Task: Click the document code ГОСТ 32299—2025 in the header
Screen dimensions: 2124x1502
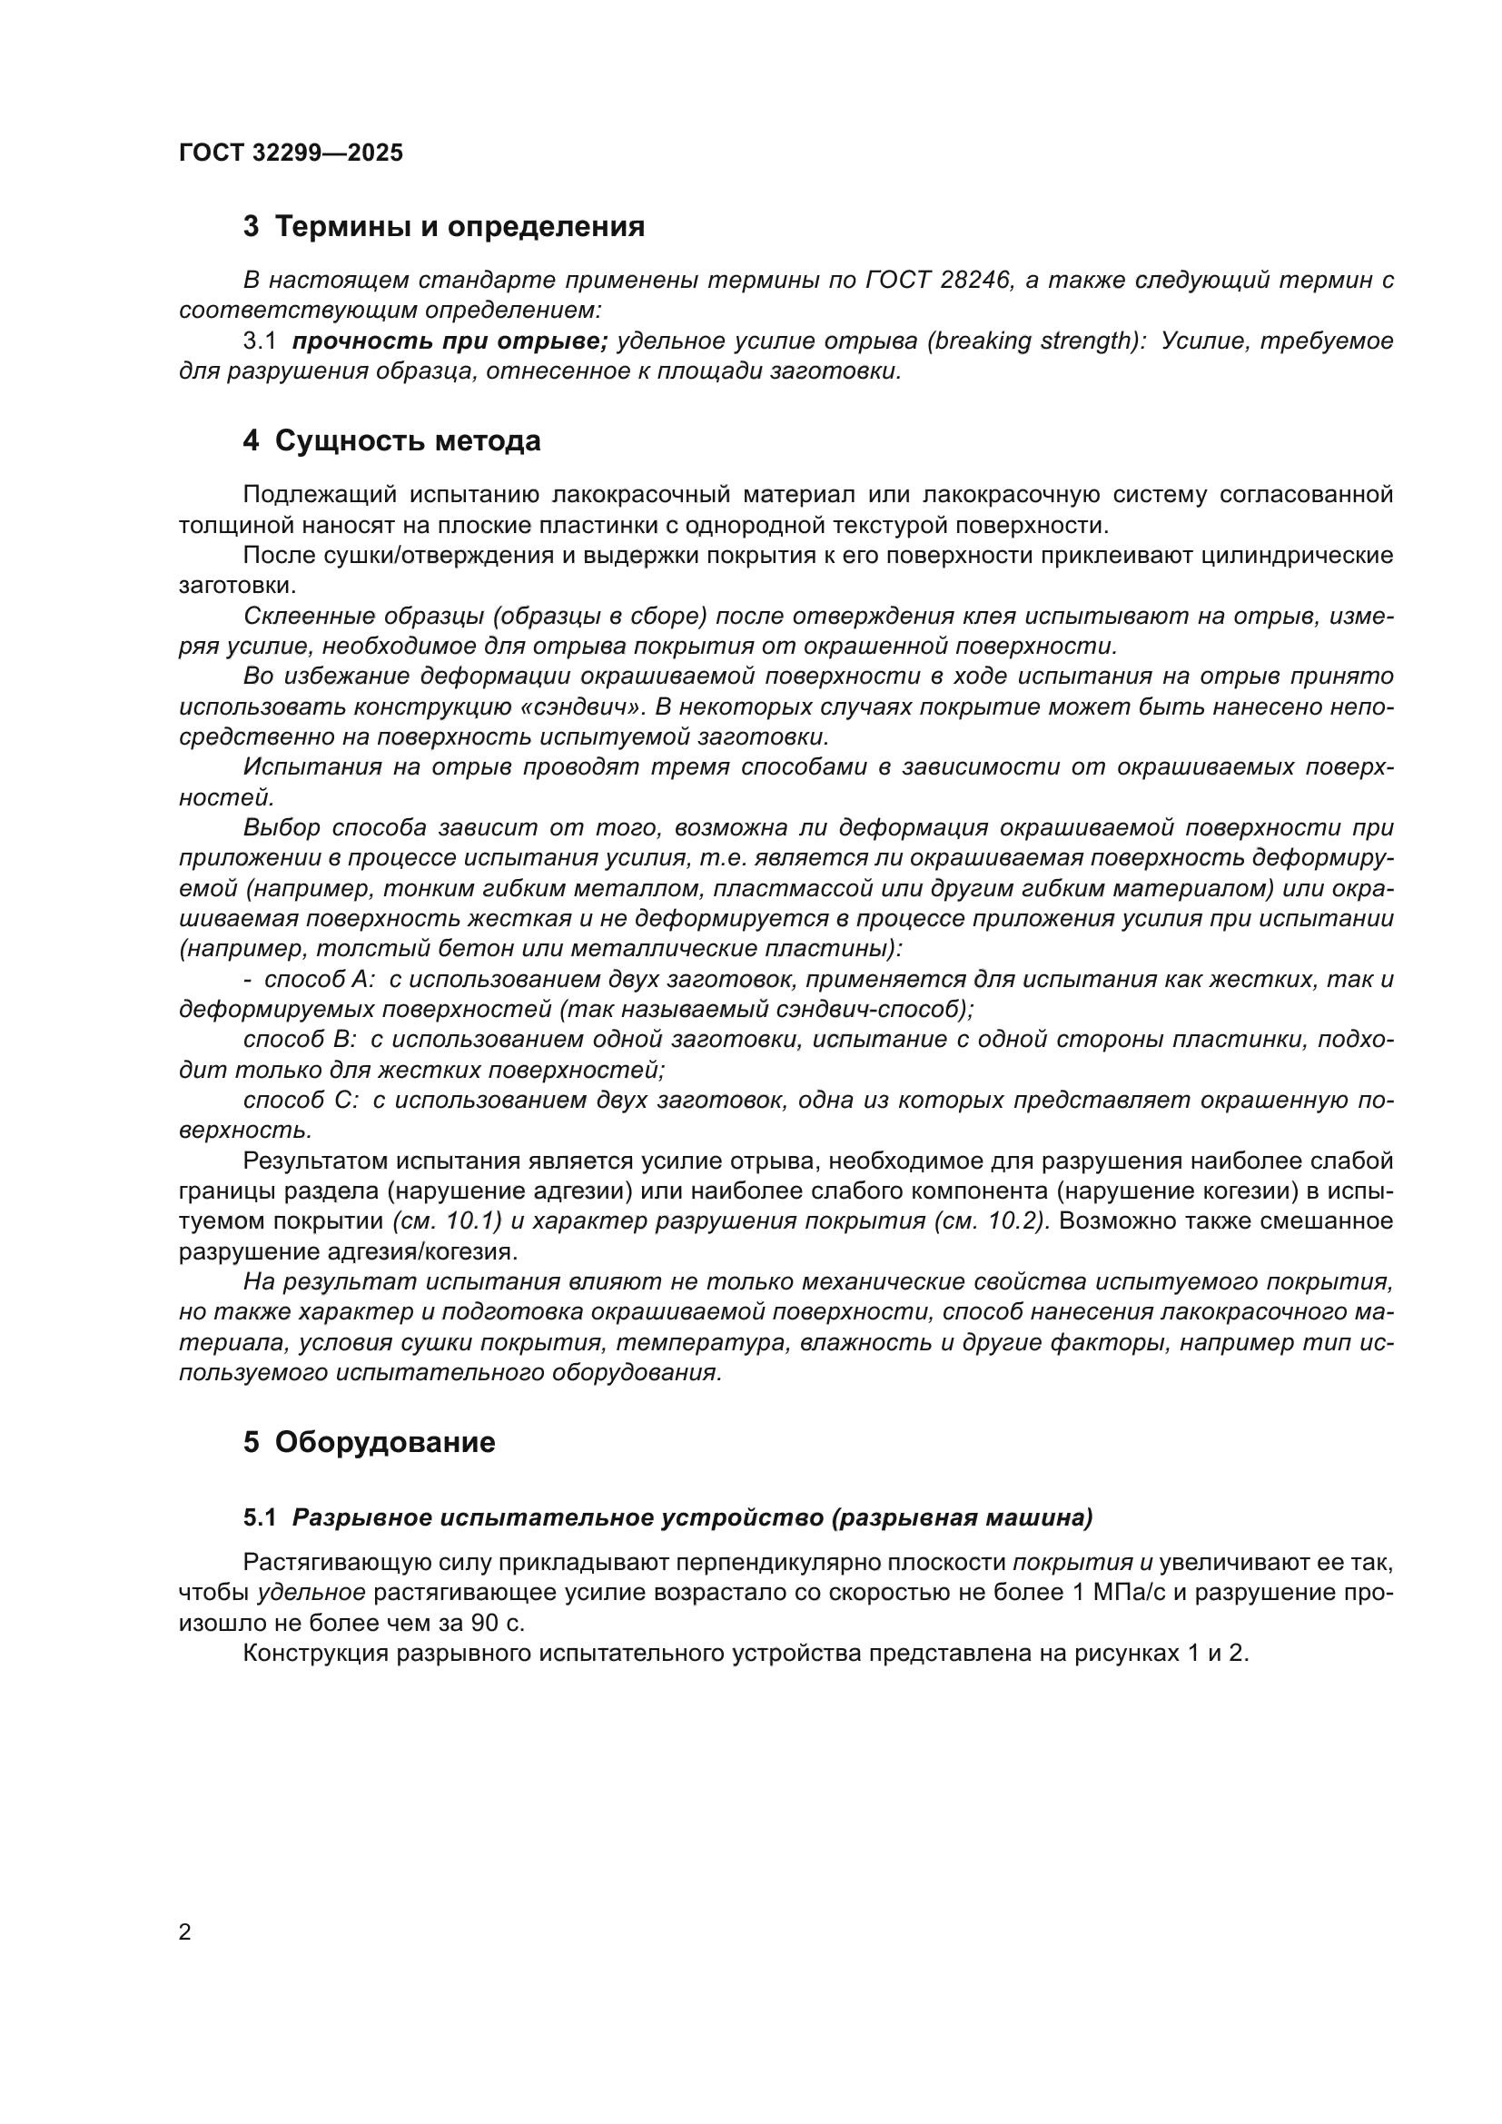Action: click(x=292, y=153)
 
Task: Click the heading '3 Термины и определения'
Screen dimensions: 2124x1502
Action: click(x=444, y=227)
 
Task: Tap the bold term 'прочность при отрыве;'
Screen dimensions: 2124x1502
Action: click(x=450, y=341)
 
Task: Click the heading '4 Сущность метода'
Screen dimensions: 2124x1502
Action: click(x=391, y=441)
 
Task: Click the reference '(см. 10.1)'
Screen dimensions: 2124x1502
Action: click(x=447, y=1221)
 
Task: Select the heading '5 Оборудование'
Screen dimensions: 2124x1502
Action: click(x=369, y=1442)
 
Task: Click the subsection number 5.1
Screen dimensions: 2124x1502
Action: click(x=259, y=1518)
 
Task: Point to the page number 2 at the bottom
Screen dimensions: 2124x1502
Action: click(x=185, y=1931)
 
